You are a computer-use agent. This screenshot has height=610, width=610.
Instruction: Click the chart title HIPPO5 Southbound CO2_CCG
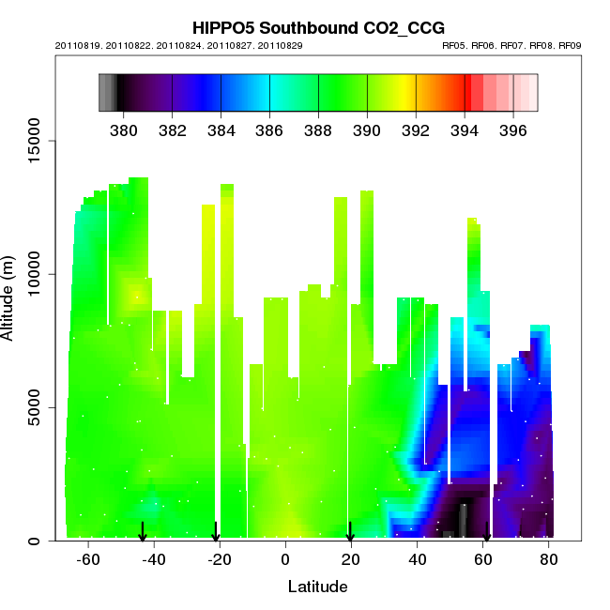[318, 28]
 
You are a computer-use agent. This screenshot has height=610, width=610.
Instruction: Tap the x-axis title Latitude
[317, 587]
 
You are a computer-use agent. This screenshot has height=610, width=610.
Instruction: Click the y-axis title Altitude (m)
[12, 297]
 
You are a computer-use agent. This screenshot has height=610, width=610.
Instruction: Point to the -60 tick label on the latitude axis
[88, 559]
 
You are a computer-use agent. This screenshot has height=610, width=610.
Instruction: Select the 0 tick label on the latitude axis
[285, 559]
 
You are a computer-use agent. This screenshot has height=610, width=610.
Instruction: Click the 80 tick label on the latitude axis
[549, 559]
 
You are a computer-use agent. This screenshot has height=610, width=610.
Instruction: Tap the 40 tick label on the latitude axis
[417, 559]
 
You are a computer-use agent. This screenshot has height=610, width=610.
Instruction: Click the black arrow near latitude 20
[350, 532]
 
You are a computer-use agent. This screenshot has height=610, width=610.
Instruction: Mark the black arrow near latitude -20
[216, 532]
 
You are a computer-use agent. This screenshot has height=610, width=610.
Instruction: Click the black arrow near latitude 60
[486, 534]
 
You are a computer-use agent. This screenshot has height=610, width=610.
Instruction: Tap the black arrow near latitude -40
[143, 532]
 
